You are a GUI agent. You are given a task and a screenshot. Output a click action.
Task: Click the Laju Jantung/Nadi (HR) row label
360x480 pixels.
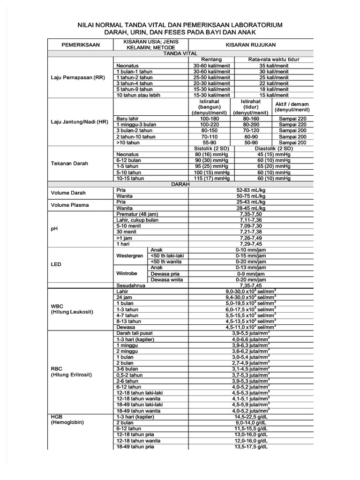79,122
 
